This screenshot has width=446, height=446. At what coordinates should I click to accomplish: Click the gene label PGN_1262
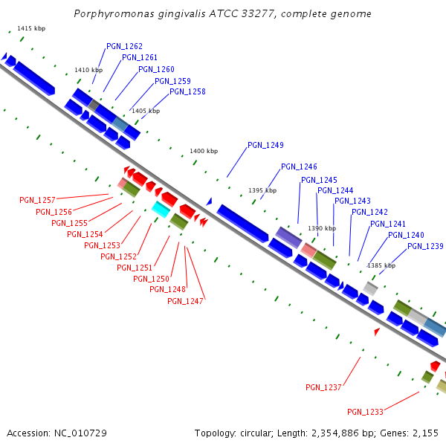point(124,46)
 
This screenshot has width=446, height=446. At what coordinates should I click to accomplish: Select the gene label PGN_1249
point(265,145)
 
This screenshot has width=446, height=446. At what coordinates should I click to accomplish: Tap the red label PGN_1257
point(37,200)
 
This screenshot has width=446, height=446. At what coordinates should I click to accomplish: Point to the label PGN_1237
point(323,387)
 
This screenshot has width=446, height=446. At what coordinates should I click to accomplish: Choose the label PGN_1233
point(365,412)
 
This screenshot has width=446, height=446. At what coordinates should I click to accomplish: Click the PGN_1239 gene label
point(425,246)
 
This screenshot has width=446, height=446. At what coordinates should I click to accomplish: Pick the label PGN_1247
point(185,301)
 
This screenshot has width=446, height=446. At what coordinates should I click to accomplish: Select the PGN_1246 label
point(299,167)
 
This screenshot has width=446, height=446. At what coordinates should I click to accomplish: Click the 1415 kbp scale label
point(31,28)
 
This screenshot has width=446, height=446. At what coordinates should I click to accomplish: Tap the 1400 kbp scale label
point(204,151)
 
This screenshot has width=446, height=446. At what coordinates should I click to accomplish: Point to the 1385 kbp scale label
point(381,265)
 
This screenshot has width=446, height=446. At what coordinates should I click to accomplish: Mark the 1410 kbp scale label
point(88,70)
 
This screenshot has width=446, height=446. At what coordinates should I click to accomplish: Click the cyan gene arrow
point(161,209)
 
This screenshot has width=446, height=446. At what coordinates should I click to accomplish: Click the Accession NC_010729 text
point(56,433)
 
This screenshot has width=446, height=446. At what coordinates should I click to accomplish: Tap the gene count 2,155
point(425,433)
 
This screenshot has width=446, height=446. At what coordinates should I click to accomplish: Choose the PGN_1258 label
point(187,91)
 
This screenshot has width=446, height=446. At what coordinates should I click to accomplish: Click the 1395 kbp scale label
point(262,190)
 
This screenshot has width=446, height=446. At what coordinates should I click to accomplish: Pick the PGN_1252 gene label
point(118,256)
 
